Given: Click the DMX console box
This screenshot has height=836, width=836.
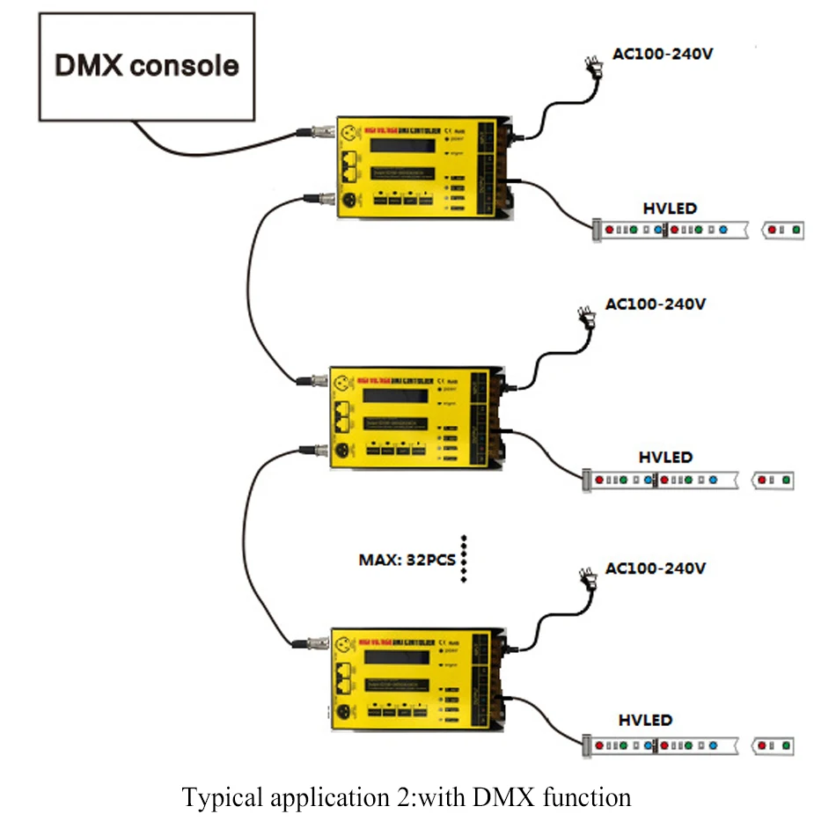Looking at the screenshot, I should point(145,66).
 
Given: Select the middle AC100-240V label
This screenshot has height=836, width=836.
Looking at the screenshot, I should point(655,304).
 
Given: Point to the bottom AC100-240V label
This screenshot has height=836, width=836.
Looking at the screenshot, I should point(655,568).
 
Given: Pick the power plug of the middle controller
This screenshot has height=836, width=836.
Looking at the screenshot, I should point(585,317).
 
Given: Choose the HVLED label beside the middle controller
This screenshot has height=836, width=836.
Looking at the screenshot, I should point(665,458).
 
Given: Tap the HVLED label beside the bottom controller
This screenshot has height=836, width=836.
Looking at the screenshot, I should point(645,720).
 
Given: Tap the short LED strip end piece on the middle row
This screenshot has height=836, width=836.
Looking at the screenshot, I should point(774,480).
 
